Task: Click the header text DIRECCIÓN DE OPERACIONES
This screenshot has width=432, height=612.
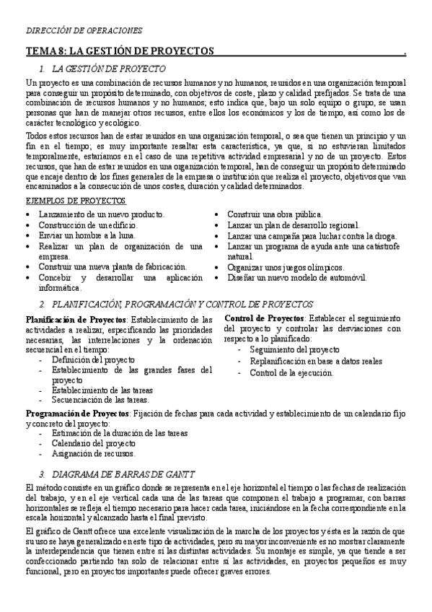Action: click(84, 30)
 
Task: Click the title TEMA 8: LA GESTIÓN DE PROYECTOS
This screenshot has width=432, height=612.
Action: click(120, 51)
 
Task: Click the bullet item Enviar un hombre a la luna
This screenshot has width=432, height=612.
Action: click(87, 236)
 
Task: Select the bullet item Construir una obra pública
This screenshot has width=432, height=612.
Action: click(275, 214)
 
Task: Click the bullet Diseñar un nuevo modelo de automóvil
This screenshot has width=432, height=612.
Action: click(297, 277)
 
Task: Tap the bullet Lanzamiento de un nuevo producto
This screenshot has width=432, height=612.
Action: click(102, 214)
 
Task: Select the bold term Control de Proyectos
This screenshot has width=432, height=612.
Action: click(264, 318)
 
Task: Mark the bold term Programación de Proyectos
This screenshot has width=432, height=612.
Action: click(76, 412)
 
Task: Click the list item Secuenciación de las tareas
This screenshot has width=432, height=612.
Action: click(100, 399)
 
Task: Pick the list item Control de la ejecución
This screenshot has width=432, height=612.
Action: click(291, 372)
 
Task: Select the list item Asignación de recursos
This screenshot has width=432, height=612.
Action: click(92, 454)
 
